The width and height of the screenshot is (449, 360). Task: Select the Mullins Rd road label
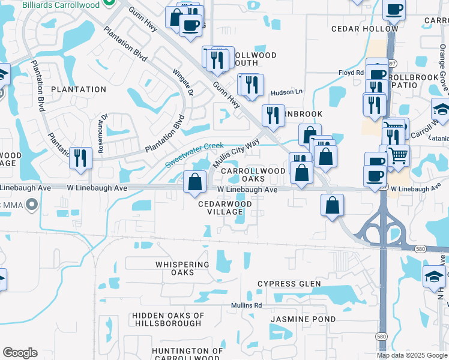pos(247,305)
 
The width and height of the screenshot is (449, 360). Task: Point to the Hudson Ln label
pos(287,92)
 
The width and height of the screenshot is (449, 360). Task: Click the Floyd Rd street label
pos(351,73)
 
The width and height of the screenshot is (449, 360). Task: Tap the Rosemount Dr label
pos(103,133)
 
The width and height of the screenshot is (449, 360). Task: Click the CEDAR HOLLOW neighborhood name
pos(364,29)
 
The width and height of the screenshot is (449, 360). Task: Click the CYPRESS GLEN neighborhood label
pos(289,284)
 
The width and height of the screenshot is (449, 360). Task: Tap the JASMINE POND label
pos(303,319)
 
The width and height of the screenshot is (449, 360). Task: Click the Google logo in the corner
pos(20,353)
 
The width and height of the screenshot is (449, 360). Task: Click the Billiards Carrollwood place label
pos(60,4)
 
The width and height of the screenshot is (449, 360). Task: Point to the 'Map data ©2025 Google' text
pos(412,355)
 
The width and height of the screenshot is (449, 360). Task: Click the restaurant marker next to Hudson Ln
pos(251,85)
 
